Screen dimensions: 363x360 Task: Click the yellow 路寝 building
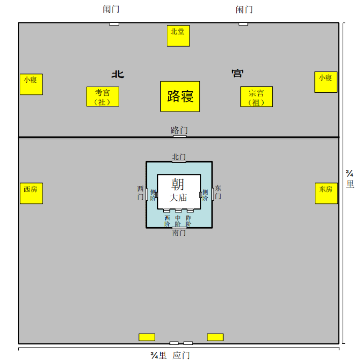click(180, 96)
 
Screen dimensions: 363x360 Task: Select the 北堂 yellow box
click(178, 35)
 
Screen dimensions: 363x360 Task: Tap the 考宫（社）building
click(102, 96)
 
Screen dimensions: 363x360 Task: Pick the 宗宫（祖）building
click(256, 96)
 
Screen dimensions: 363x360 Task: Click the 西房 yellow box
click(31, 193)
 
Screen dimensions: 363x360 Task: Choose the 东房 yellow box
click(326, 193)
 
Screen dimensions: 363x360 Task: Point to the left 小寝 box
click(31, 84)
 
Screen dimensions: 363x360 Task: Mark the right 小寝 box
click(326, 82)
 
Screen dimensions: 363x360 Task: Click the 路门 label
click(179, 130)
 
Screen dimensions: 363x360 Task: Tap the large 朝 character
click(178, 184)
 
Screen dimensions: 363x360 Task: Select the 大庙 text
click(178, 198)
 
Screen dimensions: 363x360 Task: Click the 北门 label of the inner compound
click(179, 157)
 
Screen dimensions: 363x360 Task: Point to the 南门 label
click(179, 233)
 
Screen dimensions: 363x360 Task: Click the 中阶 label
click(178, 221)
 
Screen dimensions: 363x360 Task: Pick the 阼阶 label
click(189, 221)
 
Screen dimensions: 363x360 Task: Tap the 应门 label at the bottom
click(181, 355)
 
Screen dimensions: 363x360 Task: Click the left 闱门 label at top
click(111, 10)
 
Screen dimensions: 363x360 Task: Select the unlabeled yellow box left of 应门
click(147, 337)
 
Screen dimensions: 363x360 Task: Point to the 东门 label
click(218, 192)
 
